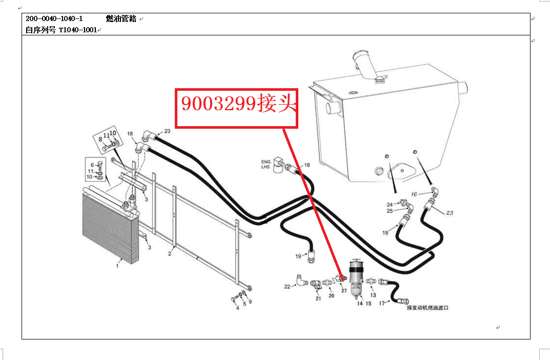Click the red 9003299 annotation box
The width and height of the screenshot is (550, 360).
tap(236, 108)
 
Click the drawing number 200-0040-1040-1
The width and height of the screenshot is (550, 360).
tap(54, 19)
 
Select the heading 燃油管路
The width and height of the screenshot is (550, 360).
tap(121, 19)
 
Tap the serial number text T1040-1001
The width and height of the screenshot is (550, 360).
tap(78, 30)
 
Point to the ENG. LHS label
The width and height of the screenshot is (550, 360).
tap(266, 164)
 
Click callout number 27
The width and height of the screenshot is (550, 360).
tap(344, 291)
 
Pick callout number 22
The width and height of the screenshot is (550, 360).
tap(287, 287)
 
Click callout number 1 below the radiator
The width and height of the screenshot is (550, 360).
tap(117, 266)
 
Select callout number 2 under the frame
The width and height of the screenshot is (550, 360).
tap(170, 254)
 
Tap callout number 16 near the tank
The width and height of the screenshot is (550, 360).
tap(414, 194)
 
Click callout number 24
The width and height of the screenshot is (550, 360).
tap(390, 204)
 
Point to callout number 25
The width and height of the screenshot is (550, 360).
tap(390, 211)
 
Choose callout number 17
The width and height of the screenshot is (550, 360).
tap(382, 303)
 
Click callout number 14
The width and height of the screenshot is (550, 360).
tap(360, 304)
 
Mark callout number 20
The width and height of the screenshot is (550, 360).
tap(332, 296)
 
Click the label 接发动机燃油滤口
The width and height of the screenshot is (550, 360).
tap(427, 308)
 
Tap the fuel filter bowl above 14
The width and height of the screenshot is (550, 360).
tap(357, 279)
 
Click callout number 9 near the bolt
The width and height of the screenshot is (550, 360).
tap(250, 302)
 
